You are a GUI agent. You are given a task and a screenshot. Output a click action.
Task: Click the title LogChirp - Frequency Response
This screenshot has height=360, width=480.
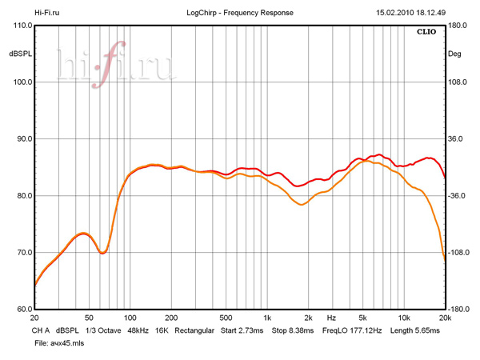click(x=239, y=13)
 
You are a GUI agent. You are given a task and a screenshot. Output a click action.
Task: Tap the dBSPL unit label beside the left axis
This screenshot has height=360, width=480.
click(x=19, y=54)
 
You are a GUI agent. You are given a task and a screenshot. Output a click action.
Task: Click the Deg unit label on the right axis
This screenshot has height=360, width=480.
click(x=455, y=54)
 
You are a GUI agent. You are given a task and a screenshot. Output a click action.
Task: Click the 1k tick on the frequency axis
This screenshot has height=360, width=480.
click(x=268, y=318)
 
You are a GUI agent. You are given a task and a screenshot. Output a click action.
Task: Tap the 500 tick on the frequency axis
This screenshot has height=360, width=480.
click(x=226, y=318)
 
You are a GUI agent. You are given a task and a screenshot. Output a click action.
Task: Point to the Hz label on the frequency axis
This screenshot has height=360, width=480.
click(x=331, y=318)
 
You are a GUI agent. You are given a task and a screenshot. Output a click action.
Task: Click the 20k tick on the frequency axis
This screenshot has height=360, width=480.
click(x=445, y=318)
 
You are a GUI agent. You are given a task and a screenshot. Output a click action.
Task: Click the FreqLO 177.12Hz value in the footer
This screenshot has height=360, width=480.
click(x=352, y=330)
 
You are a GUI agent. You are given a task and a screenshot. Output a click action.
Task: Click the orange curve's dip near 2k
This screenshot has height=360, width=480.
click(x=302, y=205)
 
